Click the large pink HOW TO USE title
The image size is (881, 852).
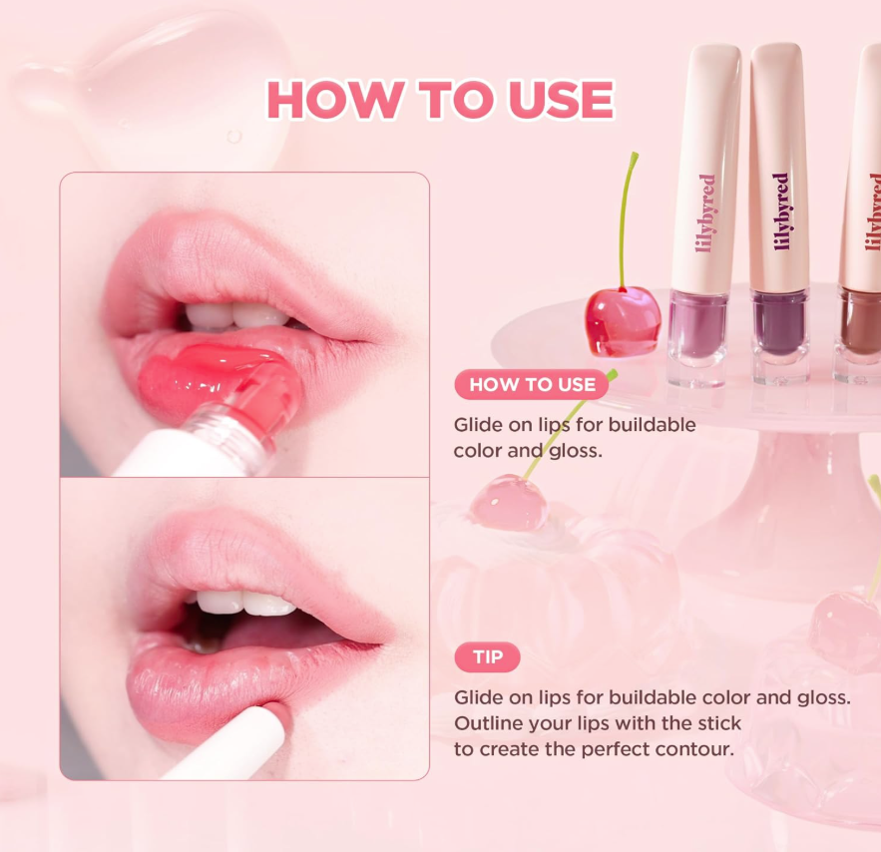pos(441,100)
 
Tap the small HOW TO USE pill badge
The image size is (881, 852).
pos(532,385)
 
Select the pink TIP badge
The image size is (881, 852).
pos(487,657)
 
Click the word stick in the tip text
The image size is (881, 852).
pos(719,723)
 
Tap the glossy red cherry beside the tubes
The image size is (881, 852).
pos(623,320)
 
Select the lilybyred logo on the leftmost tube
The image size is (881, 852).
pos(705,213)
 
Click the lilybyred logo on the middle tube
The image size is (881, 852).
pos(781,212)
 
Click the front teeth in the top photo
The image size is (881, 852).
pos(236,315)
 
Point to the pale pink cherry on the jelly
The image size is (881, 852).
pos(509,502)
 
